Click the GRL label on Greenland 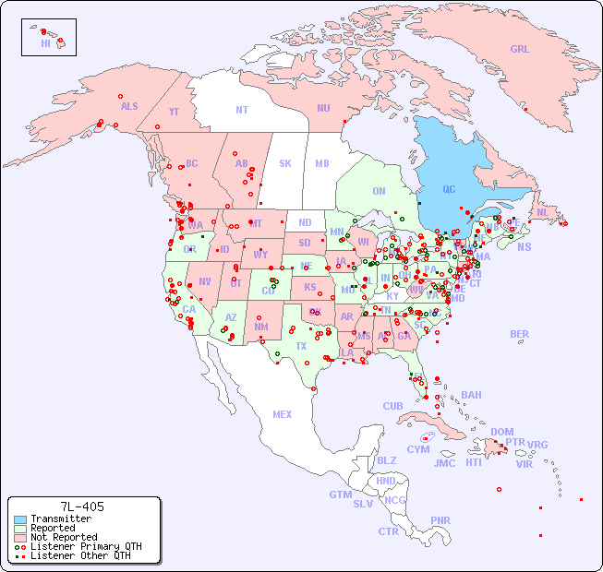(520, 50)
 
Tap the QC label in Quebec (449, 189)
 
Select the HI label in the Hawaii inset (45, 43)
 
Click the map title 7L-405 (82, 506)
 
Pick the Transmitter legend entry (60, 519)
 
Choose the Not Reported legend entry (63, 537)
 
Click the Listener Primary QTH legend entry (85, 546)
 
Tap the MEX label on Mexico (283, 414)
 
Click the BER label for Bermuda (520, 334)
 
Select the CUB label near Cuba (392, 406)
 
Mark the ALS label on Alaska (129, 106)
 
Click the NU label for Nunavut (323, 108)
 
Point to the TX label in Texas (301, 346)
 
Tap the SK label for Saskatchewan (285, 163)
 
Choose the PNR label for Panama (440, 520)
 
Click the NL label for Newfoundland (543, 212)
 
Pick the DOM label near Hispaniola (501, 432)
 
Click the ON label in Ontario (379, 191)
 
